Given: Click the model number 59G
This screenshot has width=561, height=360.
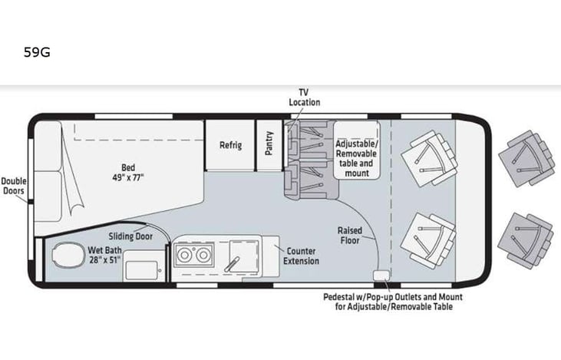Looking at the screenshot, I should click(x=38, y=53).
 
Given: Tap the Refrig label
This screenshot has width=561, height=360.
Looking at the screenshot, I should click(x=231, y=144).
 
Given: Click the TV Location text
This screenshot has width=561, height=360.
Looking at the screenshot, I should click(x=304, y=97).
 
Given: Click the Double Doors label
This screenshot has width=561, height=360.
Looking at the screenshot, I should click(x=14, y=187).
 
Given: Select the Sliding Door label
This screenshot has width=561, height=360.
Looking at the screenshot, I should click(x=129, y=236).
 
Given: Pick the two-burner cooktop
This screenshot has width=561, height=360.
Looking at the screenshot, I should click(x=193, y=256).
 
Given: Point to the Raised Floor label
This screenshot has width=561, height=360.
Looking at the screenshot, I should click(x=350, y=236).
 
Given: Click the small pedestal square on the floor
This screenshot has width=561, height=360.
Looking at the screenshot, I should click(x=379, y=276).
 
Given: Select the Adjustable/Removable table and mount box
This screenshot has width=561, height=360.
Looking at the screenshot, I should click(x=356, y=157).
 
